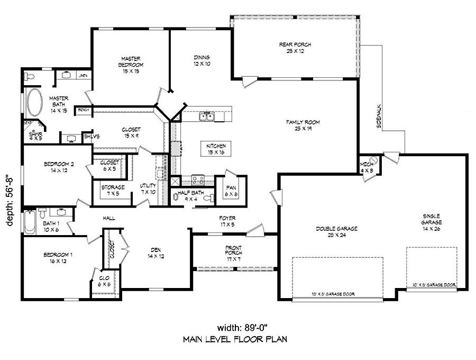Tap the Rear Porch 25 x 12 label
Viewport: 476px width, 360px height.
[295, 48]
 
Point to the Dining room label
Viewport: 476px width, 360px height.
[201, 60]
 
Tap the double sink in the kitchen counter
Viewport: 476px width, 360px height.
[206, 117]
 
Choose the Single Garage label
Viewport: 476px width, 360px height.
[432, 222]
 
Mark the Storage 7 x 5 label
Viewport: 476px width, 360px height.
[113, 190]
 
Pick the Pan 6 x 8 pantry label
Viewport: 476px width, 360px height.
[231, 191]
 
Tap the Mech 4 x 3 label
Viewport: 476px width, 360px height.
[367, 167]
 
